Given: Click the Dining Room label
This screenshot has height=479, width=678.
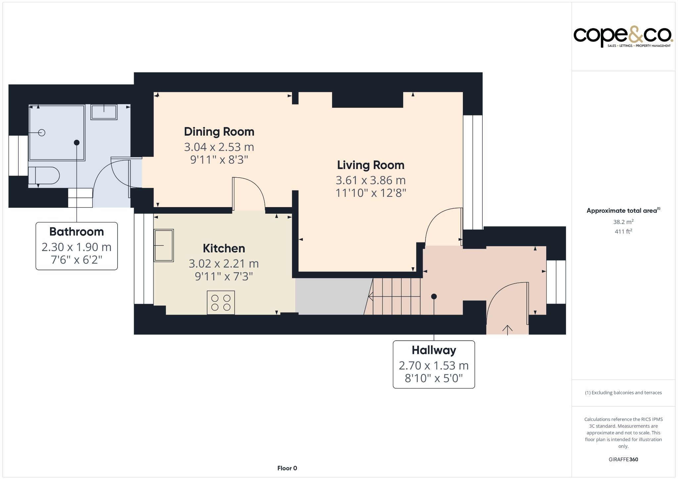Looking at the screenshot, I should click(219, 132).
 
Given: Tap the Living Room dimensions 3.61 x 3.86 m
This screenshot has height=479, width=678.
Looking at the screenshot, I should click(370, 180).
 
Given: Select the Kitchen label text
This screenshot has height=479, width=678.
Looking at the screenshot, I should click(224, 248).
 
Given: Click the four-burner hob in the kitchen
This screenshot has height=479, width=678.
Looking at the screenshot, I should click(221, 303).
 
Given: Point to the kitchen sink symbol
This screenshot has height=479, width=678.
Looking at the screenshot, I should click(164, 245).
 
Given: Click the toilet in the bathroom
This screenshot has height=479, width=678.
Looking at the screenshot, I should click(44, 176).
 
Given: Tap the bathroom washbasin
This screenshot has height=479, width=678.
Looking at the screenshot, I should click(104, 112).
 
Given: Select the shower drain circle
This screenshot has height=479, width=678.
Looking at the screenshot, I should click(42, 133).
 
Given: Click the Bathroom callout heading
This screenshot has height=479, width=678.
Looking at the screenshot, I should click(76, 232).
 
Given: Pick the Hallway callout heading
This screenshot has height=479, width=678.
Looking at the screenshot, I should click(434, 350).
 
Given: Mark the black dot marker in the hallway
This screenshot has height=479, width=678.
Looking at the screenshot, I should click(434, 296).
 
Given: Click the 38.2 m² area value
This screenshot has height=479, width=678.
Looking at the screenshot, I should click(623, 222).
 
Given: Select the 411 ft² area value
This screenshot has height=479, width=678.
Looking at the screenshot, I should click(623, 232).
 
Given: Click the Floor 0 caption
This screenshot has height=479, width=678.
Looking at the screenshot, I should click(287, 468).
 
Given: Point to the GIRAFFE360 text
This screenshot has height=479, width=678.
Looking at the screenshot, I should click(623, 459).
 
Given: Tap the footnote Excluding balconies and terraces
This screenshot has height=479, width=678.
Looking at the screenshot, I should click(623, 393).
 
